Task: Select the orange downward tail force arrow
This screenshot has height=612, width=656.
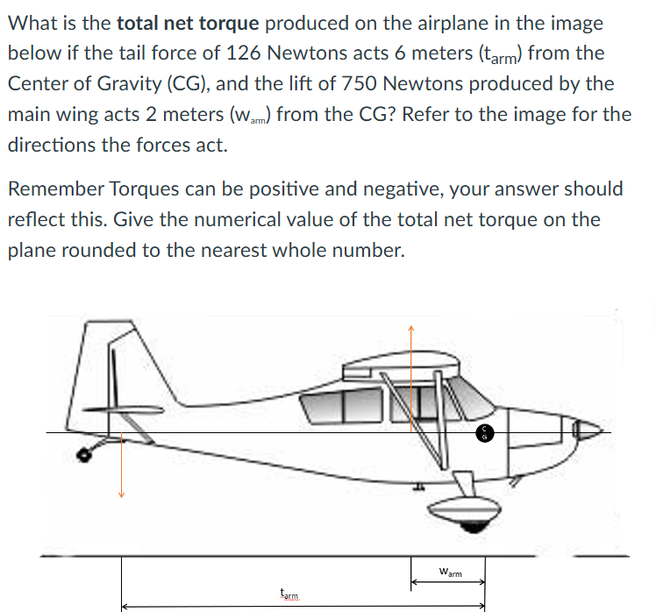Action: pos(121,465)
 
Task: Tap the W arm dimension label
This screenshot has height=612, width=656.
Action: pos(449,573)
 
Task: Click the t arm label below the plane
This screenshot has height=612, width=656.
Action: pos(289,594)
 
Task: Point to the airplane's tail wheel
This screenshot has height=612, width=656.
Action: pos(85,455)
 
